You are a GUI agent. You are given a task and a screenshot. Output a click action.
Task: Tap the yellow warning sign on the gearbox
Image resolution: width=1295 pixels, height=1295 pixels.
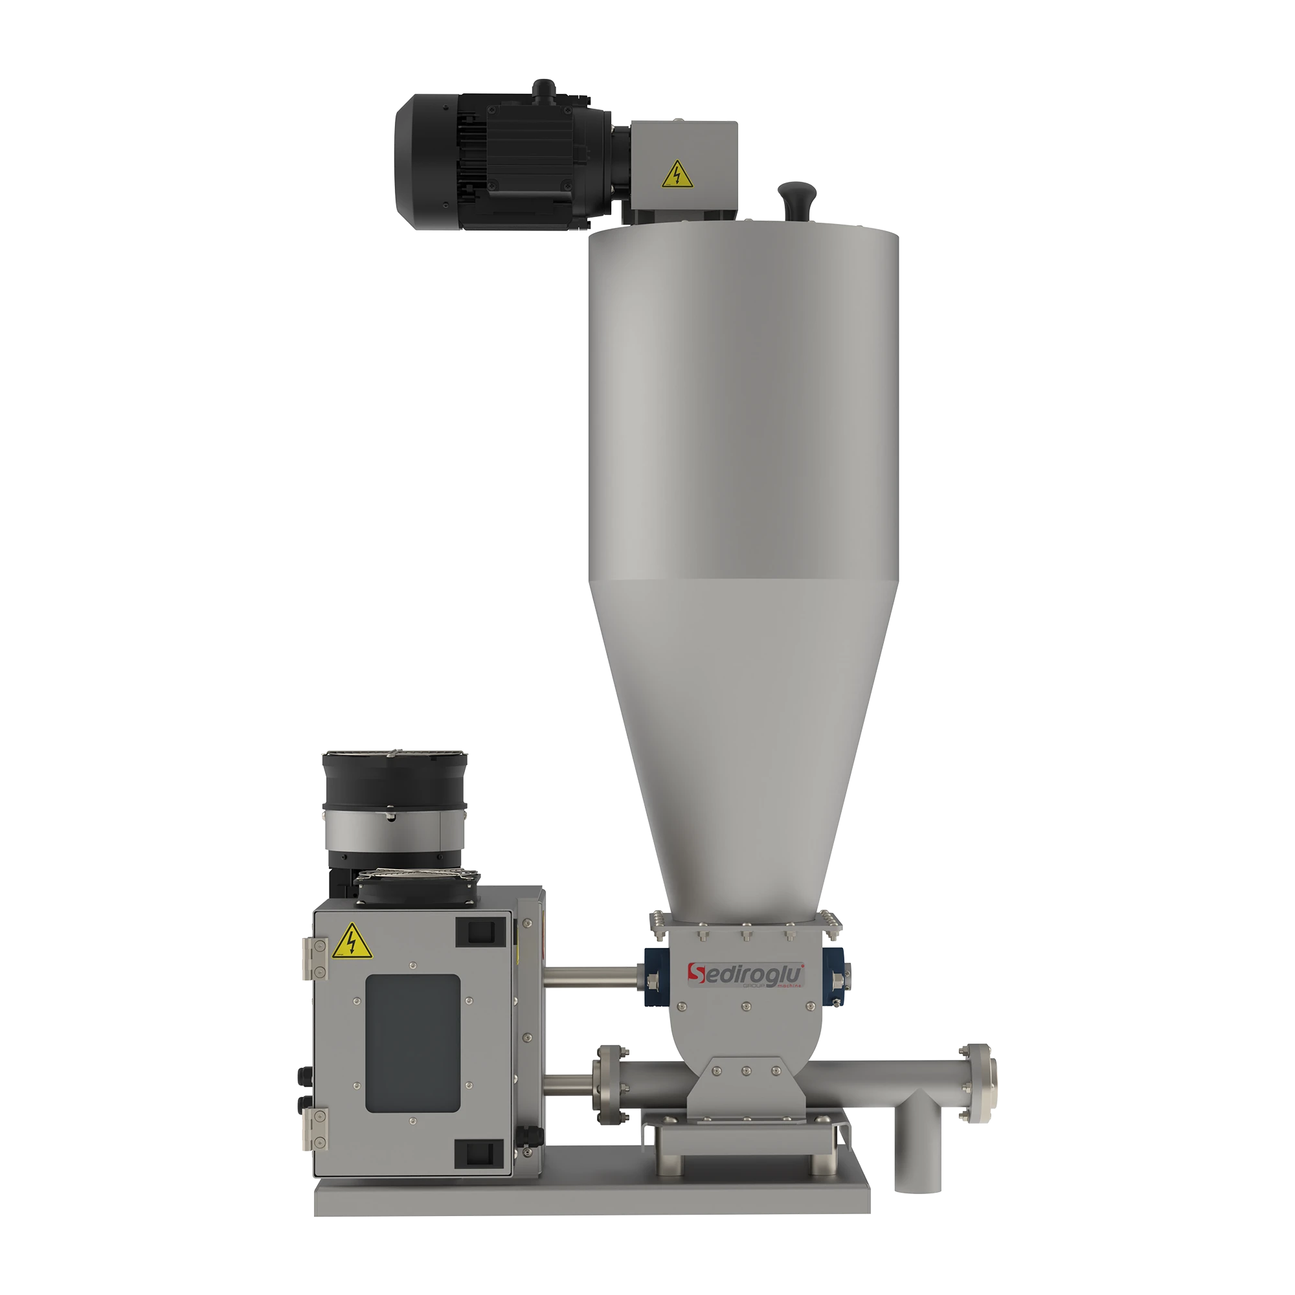[677, 174]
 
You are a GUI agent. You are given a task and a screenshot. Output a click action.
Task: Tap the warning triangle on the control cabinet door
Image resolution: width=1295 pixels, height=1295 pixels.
[350, 940]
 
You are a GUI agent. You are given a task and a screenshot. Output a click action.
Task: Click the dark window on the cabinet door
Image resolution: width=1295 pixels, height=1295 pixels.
[412, 1043]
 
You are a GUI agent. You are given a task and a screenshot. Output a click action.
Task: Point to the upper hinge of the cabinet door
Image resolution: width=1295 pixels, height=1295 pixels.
[312, 958]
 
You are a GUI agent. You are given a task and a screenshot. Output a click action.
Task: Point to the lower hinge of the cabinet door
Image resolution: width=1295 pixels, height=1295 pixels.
[312, 1127]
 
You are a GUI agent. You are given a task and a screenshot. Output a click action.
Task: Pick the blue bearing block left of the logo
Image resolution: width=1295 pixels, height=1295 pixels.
[650, 978]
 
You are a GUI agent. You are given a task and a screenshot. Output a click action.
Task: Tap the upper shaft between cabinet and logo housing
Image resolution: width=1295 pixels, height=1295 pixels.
[590, 975]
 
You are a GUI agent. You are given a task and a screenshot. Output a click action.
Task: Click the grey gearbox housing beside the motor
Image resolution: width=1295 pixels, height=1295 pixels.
[684, 168]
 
